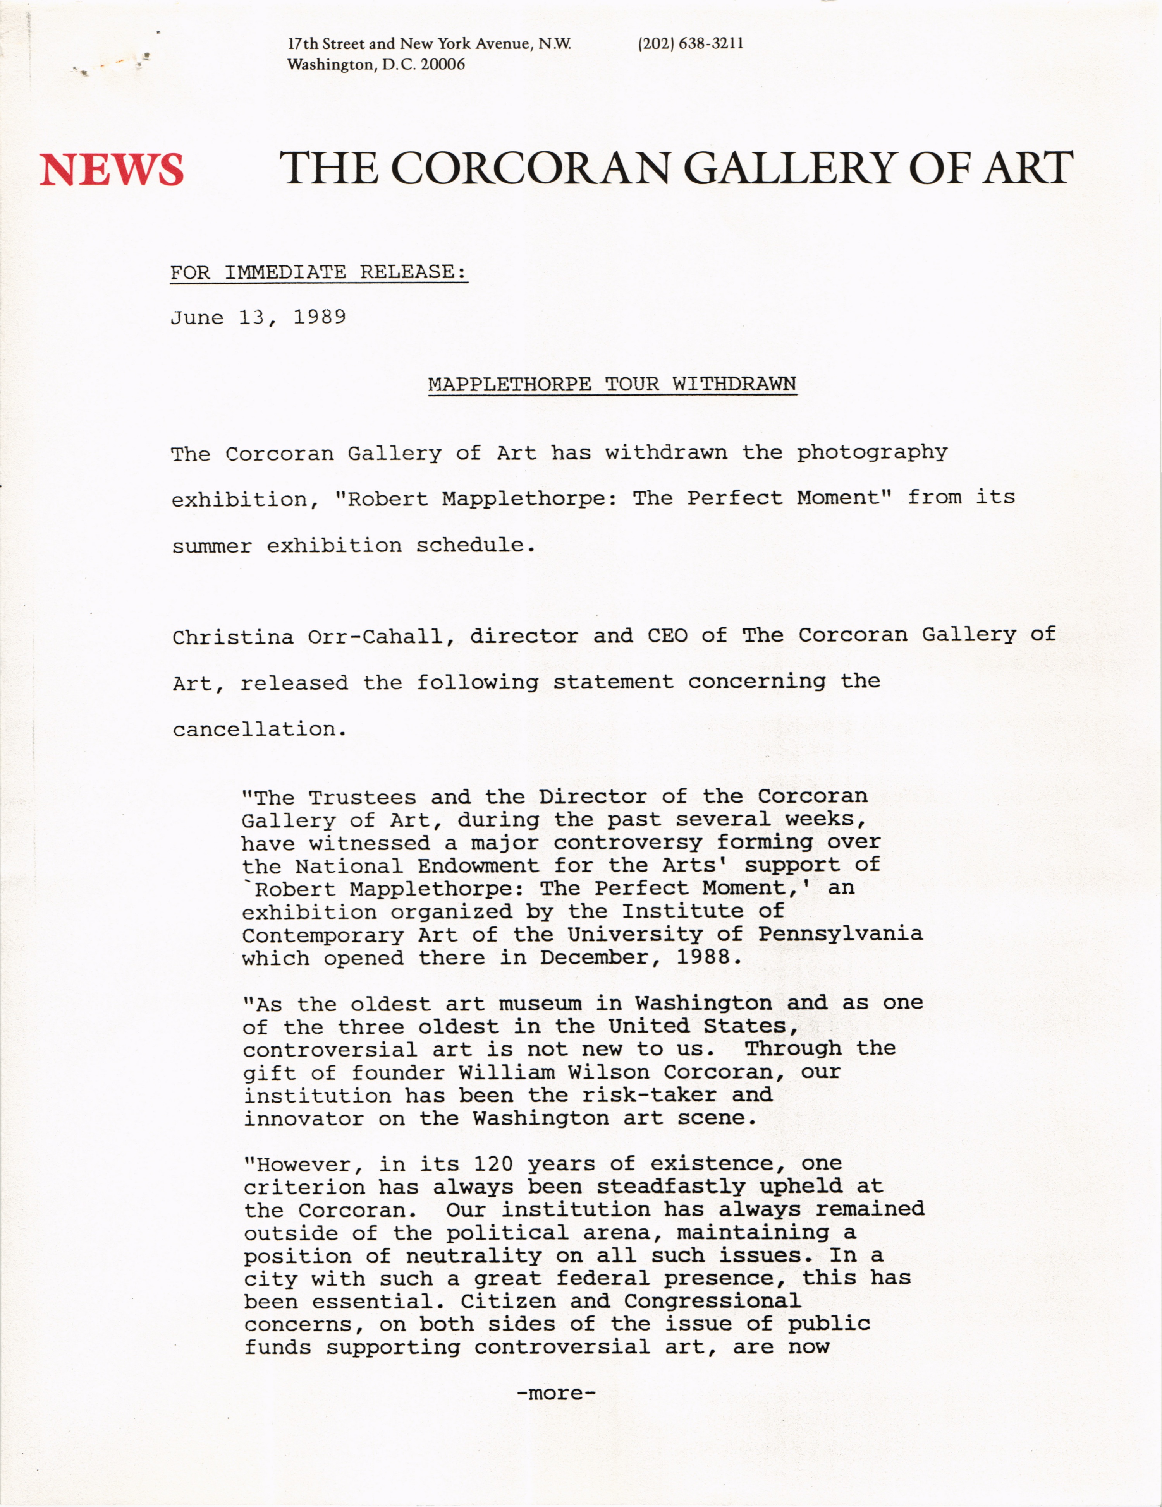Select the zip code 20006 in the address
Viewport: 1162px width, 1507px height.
click(x=447, y=65)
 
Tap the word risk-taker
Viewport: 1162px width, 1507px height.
click(x=649, y=1095)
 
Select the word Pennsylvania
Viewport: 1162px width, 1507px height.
click(x=840, y=934)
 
